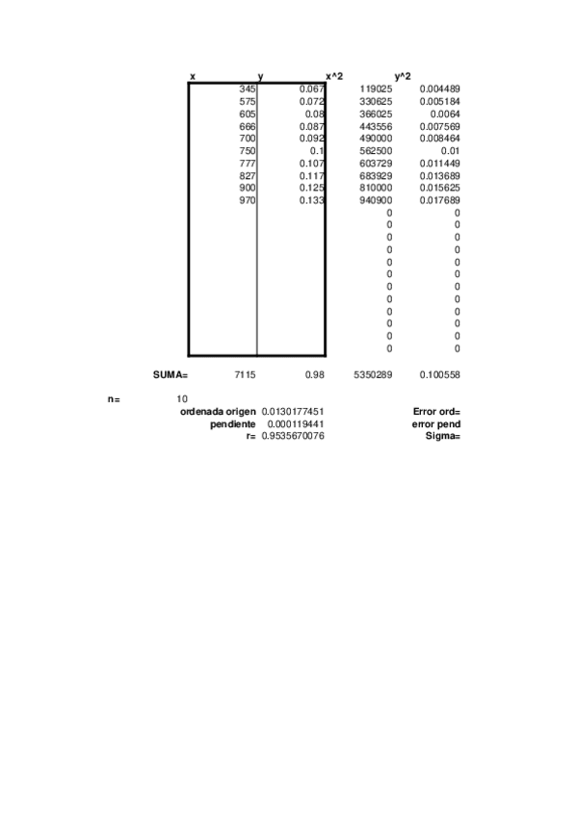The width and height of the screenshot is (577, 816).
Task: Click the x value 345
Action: tap(248, 89)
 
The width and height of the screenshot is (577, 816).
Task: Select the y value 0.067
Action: tap(311, 89)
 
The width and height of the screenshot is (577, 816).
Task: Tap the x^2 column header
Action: tap(334, 76)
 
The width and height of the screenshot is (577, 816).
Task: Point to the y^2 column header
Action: tap(403, 76)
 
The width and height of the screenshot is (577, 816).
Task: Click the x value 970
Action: tap(248, 200)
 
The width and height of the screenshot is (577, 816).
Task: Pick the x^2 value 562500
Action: tap(375, 151)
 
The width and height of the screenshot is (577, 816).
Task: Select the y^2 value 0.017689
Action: tap(440, 200)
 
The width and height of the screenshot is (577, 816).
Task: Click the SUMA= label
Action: tap(170, 373)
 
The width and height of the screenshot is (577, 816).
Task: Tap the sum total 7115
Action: tap(245, 373)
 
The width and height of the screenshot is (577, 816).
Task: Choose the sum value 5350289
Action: tap(373, 373)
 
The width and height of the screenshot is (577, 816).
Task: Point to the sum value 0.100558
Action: tap(440, 373)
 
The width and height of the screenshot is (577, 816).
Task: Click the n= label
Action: tap(113, 398)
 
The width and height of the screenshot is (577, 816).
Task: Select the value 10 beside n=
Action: tap(182, 398)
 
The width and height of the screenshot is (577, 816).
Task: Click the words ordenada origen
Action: tap(218, 411)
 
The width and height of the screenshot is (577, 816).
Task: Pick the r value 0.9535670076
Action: tap(293, 436)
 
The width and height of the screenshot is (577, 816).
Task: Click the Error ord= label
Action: tap(436, 411)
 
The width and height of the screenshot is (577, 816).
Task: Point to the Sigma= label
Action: tap(443, 436)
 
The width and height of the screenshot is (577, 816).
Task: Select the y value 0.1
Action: tap(316, 151)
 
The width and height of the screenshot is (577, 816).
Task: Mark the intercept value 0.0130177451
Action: tap(293, 411)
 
